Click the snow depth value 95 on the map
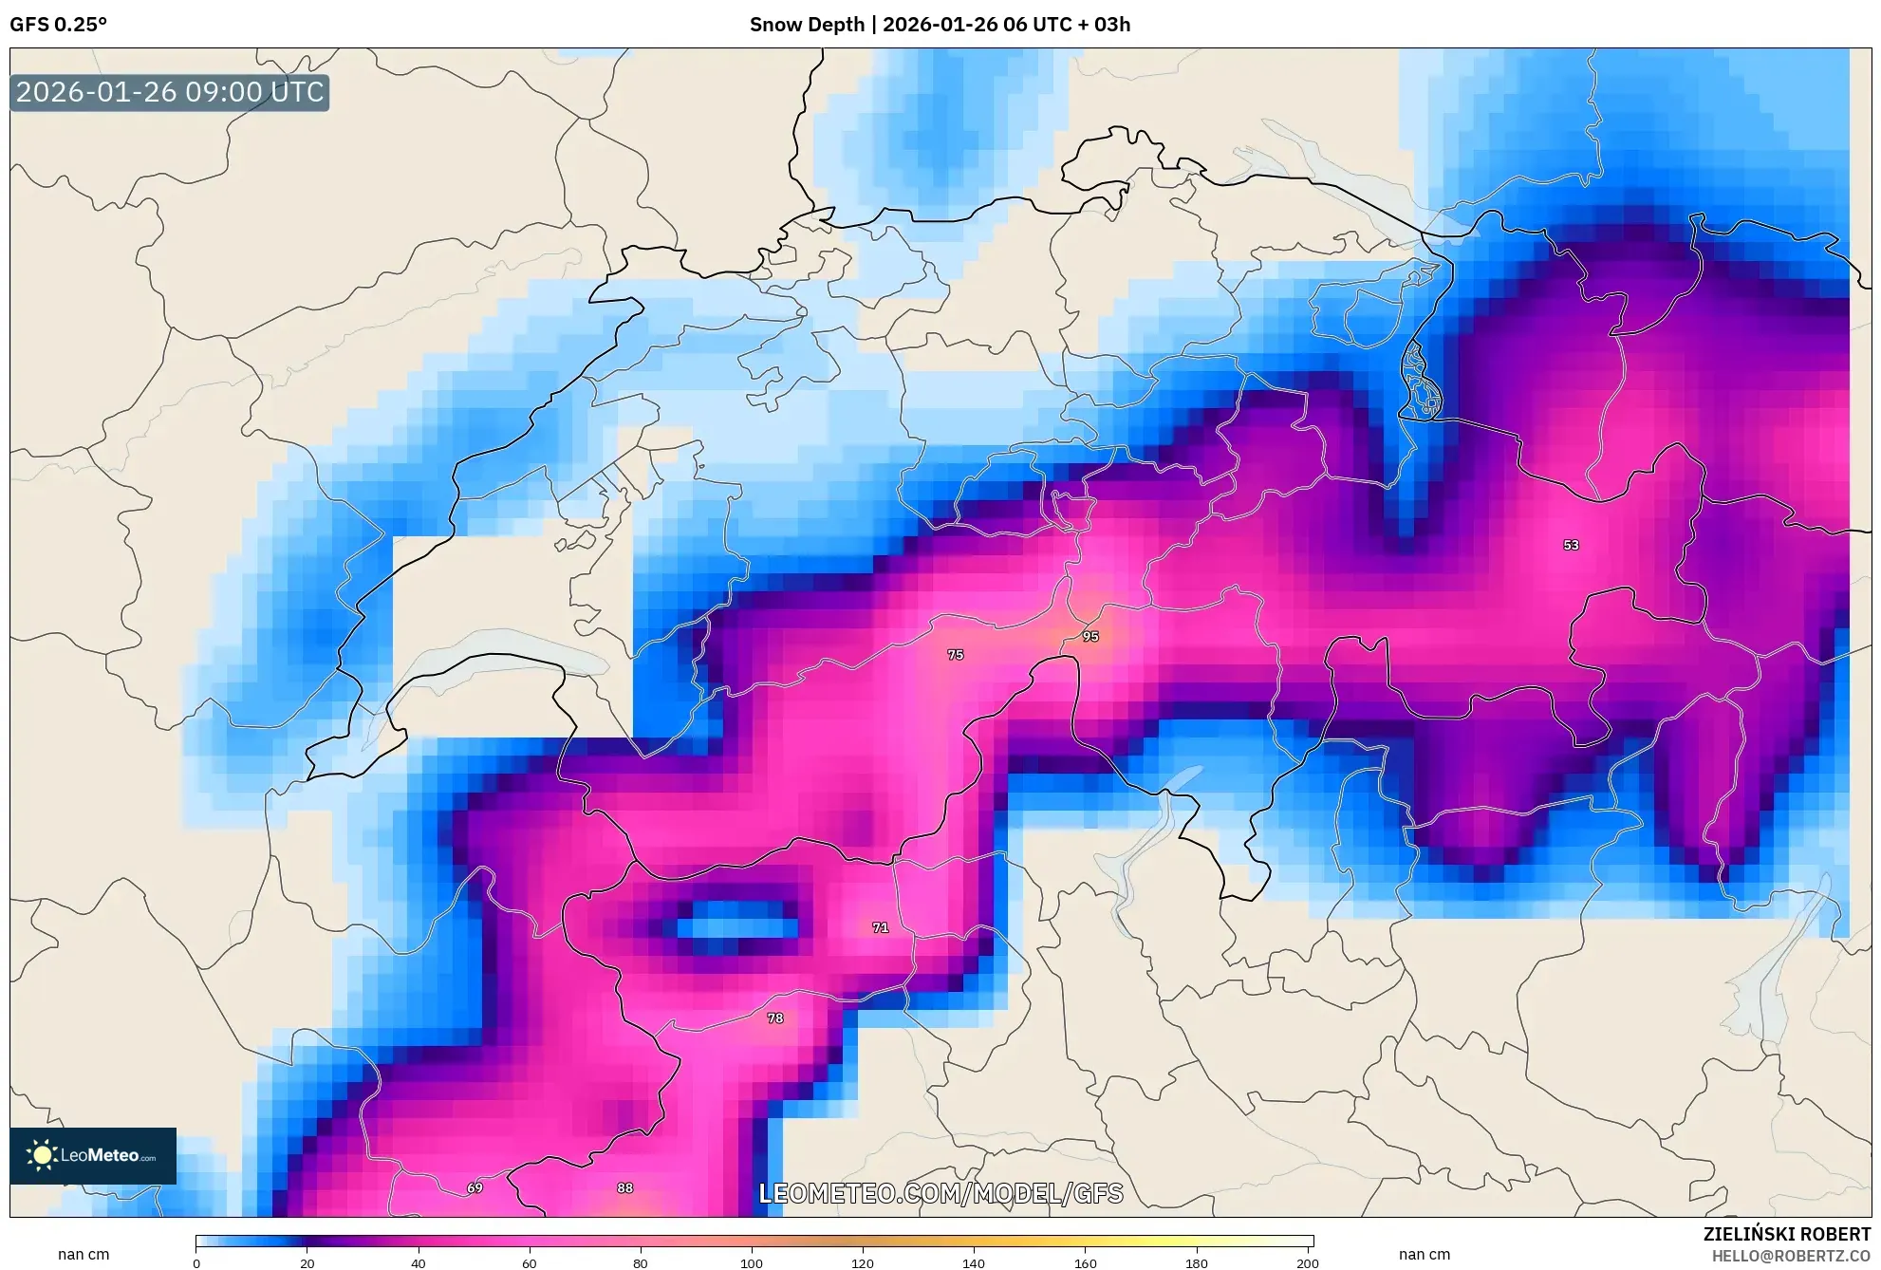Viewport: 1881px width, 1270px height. [x=1090, y=637]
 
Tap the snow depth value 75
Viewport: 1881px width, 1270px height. [x=956, y=655]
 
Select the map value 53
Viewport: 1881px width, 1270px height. [x=1571, y=545]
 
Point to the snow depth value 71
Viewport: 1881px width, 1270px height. [x=881, y=927]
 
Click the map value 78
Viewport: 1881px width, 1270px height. [x=775, y=1018]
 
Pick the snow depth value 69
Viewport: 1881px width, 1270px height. [x=475, y=1188]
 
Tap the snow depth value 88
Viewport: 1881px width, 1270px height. [x=624, y=1188]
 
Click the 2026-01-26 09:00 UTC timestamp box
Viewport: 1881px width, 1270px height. [x=170, y=92]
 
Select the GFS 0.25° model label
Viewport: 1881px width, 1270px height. [x=59, y=25]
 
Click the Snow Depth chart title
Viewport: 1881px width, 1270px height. [x=940, y=25]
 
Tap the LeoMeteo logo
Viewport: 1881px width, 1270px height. [x=93, y=1155]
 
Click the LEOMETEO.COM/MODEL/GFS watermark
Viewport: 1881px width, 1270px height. [x=940, y=1193]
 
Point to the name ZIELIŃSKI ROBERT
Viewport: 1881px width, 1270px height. [x=1786, y=1234]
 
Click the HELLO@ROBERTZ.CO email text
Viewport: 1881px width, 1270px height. [x=1791, y=1256]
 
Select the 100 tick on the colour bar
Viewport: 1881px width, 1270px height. [x=752, y=1262]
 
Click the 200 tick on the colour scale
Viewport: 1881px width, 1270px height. [x=1308, y=1262]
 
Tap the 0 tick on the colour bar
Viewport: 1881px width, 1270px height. [x=196, y=1262]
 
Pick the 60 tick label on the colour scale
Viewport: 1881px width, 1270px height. [x=530, y=1262]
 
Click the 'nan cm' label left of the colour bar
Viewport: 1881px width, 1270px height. [x=84, y=1255]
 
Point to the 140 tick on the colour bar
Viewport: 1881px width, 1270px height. [x=974, y=1262]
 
